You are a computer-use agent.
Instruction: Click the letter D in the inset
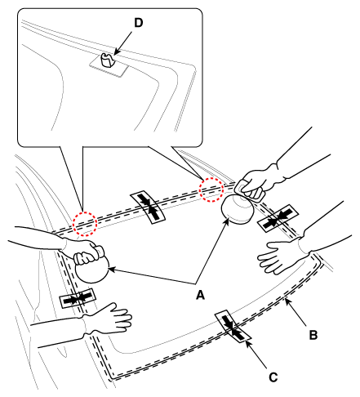pyautogui.click(x=138, y=23)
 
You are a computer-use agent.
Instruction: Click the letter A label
pyautogui.click(x=200, y=295)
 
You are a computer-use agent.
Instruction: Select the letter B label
pyautogui.click(x=313, y=335)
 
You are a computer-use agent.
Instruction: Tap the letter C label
pyautogui.click(x=273, y=377)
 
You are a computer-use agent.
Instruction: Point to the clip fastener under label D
pyautogui.click(x=107, y=60)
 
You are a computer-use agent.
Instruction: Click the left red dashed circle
pyautogui.click(x=85, y=224)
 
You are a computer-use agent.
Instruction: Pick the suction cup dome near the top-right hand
pyautogui.click(x=238, y=210)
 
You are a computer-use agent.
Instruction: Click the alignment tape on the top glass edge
pyautogui.click(x=149, y=207)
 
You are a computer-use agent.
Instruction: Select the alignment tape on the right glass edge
pyautogui.click(x=278, y=218)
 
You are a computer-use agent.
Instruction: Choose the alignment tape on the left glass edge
pyautogui.click(x=78, y=298)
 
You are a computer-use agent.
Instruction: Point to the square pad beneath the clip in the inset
pyautogui.click(x=109, y=65)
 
